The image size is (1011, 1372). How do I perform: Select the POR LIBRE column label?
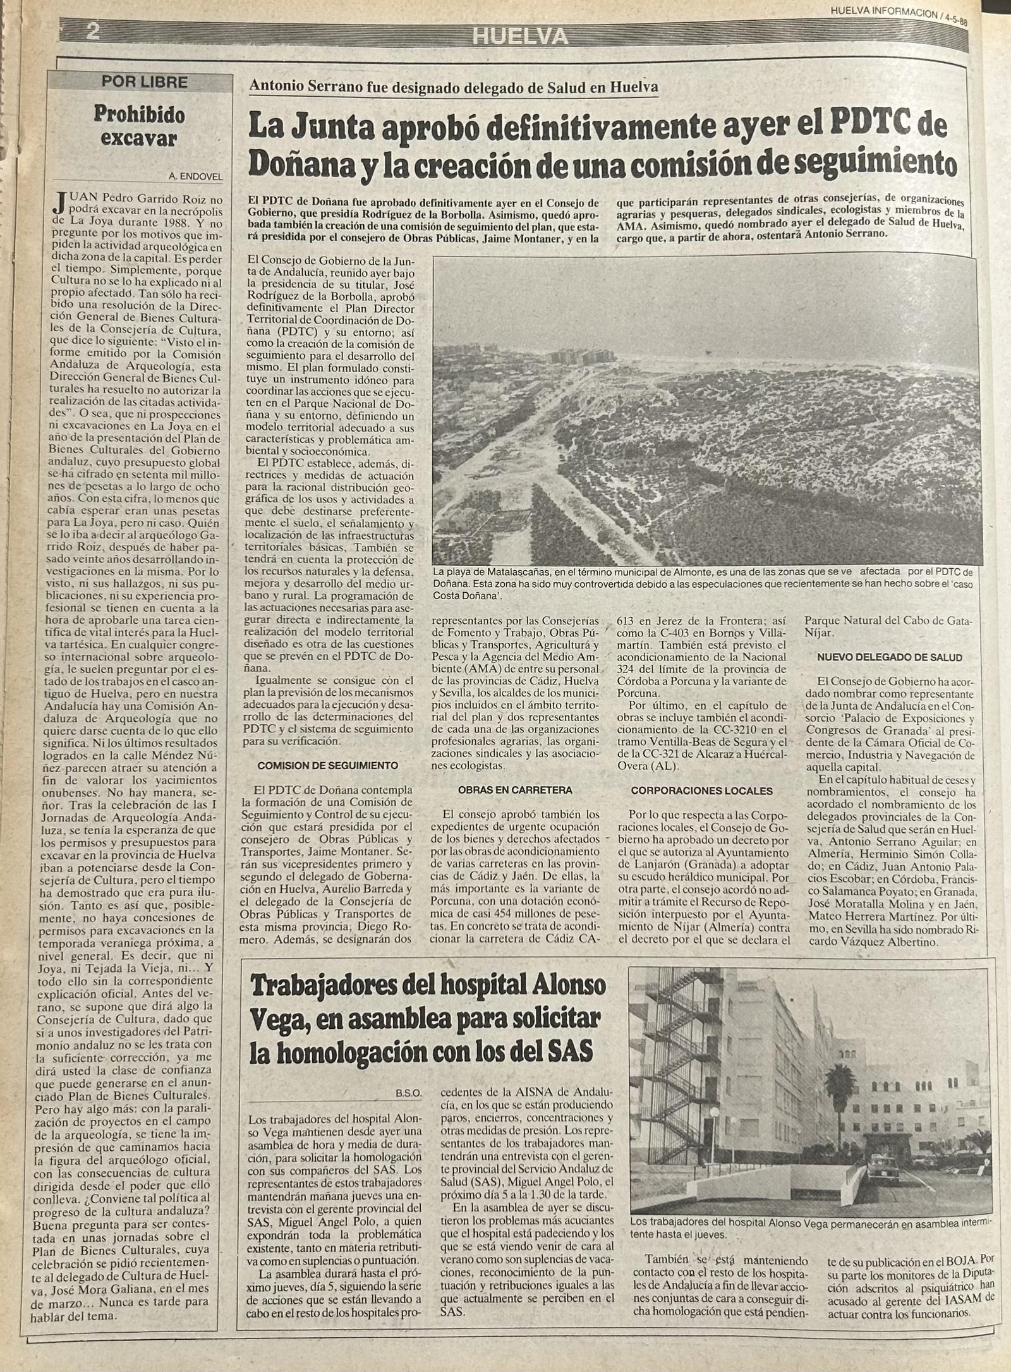click(x=145, y=82)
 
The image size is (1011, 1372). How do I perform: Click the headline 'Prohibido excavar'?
click(x=139, y=126)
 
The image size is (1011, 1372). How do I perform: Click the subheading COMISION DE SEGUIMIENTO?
click(x=328, y=765)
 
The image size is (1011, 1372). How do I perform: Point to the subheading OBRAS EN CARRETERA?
click(x=515, y=789)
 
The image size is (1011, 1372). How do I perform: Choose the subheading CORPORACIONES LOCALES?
click(x=701, y=790)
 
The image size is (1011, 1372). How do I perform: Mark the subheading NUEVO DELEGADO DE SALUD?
click(x=890, y=657)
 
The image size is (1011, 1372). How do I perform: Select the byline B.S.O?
click(x=409, y=1091)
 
